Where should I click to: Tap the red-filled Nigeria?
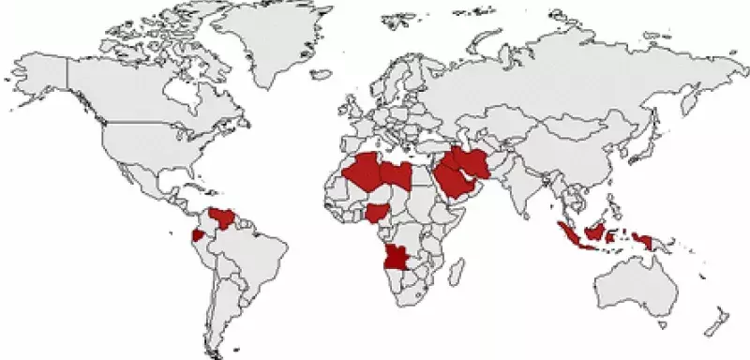379,212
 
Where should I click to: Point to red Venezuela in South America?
224,218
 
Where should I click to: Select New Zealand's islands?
717,319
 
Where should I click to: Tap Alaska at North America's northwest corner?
42,80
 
